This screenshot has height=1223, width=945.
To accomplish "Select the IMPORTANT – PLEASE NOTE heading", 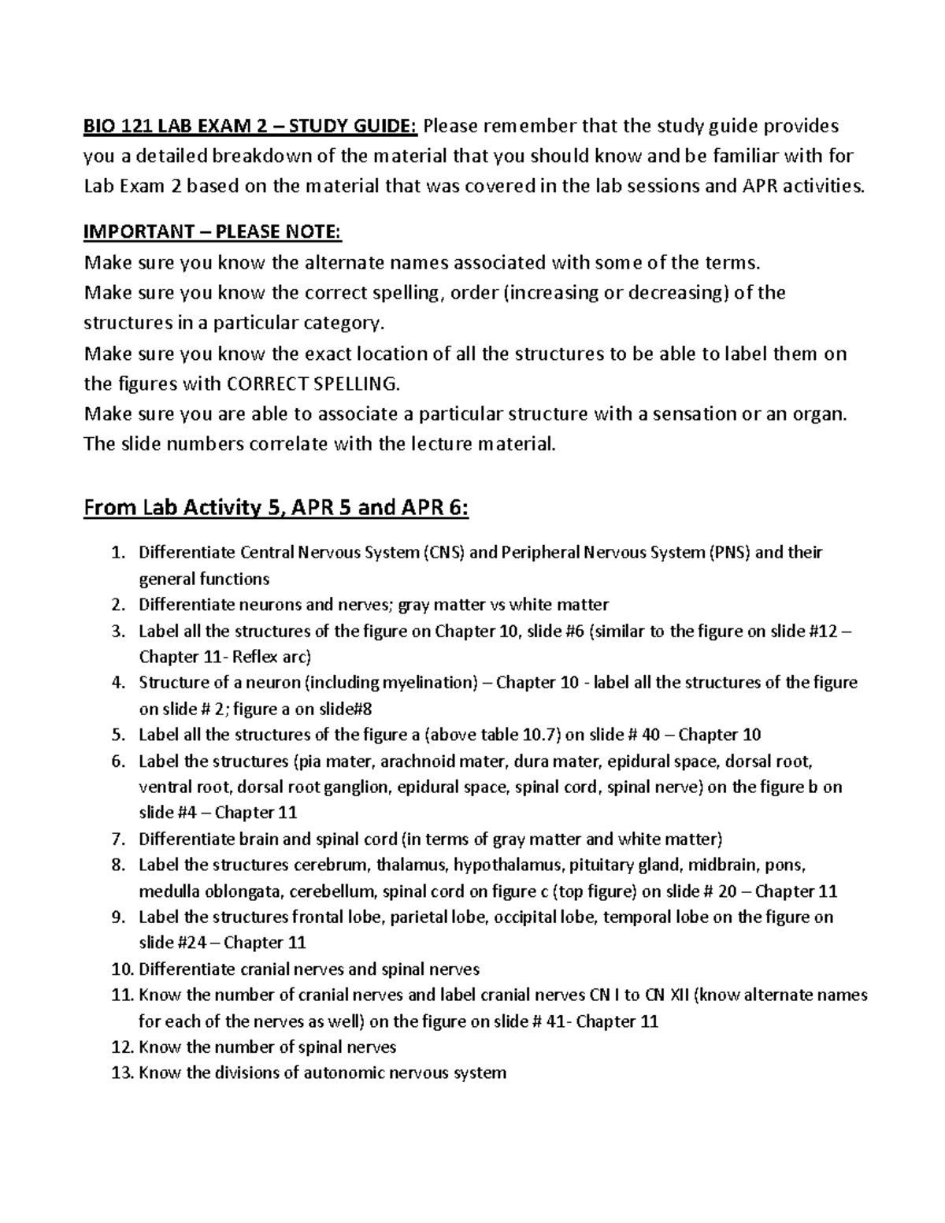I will [213, 232].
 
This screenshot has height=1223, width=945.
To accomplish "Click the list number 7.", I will [117, 839].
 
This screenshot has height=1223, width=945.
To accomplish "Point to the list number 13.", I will [122, 1073].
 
